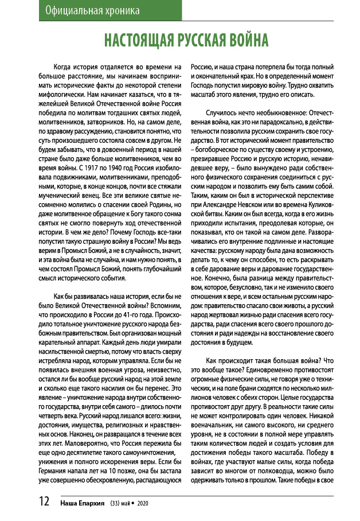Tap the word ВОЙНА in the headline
(244, 40)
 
